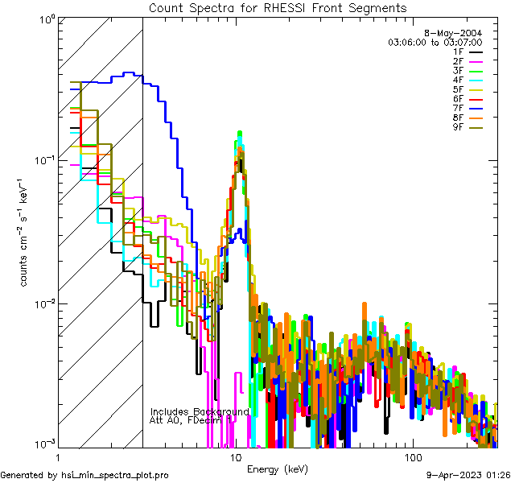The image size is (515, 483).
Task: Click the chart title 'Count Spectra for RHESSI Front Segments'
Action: coord(278,7)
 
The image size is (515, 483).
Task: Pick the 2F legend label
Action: coord(458,61)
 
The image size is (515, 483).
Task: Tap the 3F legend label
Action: coord(458,70)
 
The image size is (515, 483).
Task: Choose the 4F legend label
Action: coord(458,80)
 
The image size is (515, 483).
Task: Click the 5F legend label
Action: coord(458,89)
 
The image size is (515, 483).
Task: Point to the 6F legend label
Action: coord(458,98)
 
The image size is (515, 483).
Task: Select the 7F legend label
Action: coord(458,108)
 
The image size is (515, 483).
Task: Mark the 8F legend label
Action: coord(458,118)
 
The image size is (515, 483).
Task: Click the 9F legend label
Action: coord(458,126)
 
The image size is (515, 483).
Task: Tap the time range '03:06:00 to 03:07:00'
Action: coord(435,42)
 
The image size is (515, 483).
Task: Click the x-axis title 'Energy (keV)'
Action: coord(278,469)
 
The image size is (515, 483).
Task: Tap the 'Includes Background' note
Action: coord(200,411)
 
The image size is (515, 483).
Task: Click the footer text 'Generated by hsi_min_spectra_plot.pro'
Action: coord(84,475)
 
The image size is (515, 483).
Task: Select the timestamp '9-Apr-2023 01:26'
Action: coord(467,475)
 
